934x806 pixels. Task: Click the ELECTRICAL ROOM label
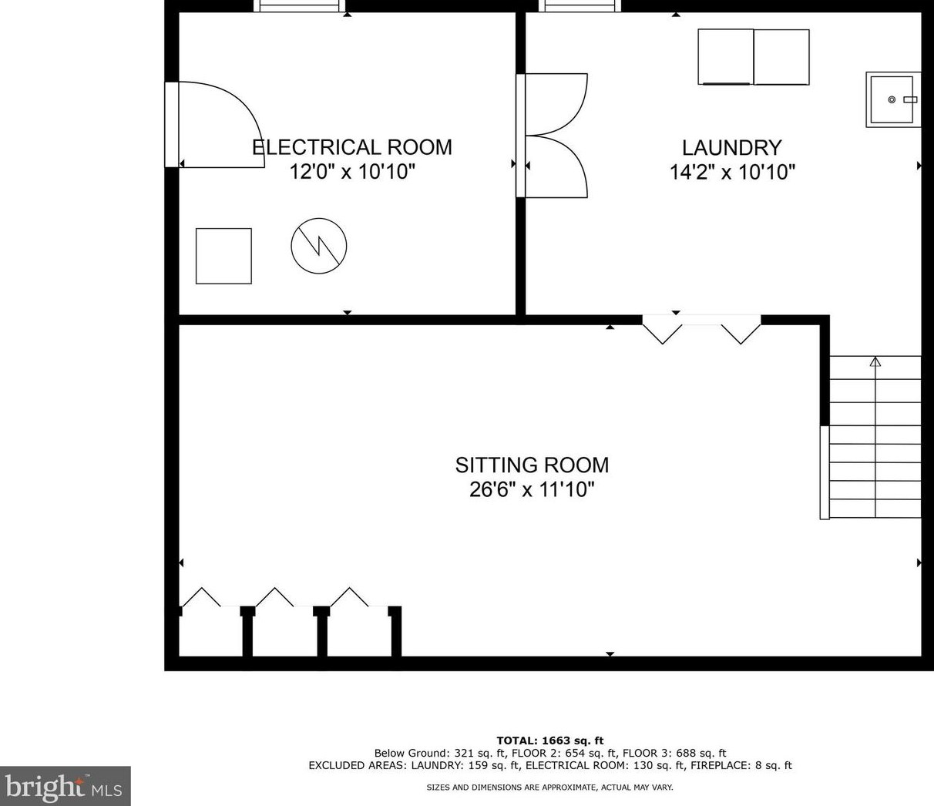click(x=352, y=148)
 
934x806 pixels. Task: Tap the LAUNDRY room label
click(x=731, y=148)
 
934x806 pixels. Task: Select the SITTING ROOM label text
click(x=532, y=465)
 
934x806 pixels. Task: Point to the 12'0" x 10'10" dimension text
click(x=352, y=172)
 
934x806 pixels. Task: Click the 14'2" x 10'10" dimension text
click(x=732, y=172)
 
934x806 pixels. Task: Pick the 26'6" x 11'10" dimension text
click(x=532, y=489)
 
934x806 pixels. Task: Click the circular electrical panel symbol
click(x=318, y=246)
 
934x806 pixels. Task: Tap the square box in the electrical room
click(x=223, y=256)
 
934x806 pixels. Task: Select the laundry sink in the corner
click(x=893, y=99)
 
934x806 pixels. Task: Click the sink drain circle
click(x=892, y=99)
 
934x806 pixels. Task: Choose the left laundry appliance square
click(x=726, y=57)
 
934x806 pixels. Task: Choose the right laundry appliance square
click(x=781, y=57)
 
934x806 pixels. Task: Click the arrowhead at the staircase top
click(x=875, y=362)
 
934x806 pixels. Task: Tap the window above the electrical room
click(x=300, y=5)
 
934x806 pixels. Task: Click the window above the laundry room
click(x=580, y=5)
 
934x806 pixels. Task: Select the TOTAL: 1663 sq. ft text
click(x=550, y=741)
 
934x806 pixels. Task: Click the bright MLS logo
click(x=65, y=786)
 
